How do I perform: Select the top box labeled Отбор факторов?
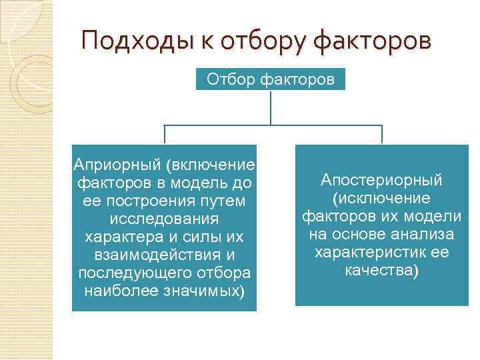pos(271,80)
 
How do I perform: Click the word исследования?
pos(163,219)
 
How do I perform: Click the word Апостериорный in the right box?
pos(381,181)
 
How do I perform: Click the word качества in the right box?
pos(381,271)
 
